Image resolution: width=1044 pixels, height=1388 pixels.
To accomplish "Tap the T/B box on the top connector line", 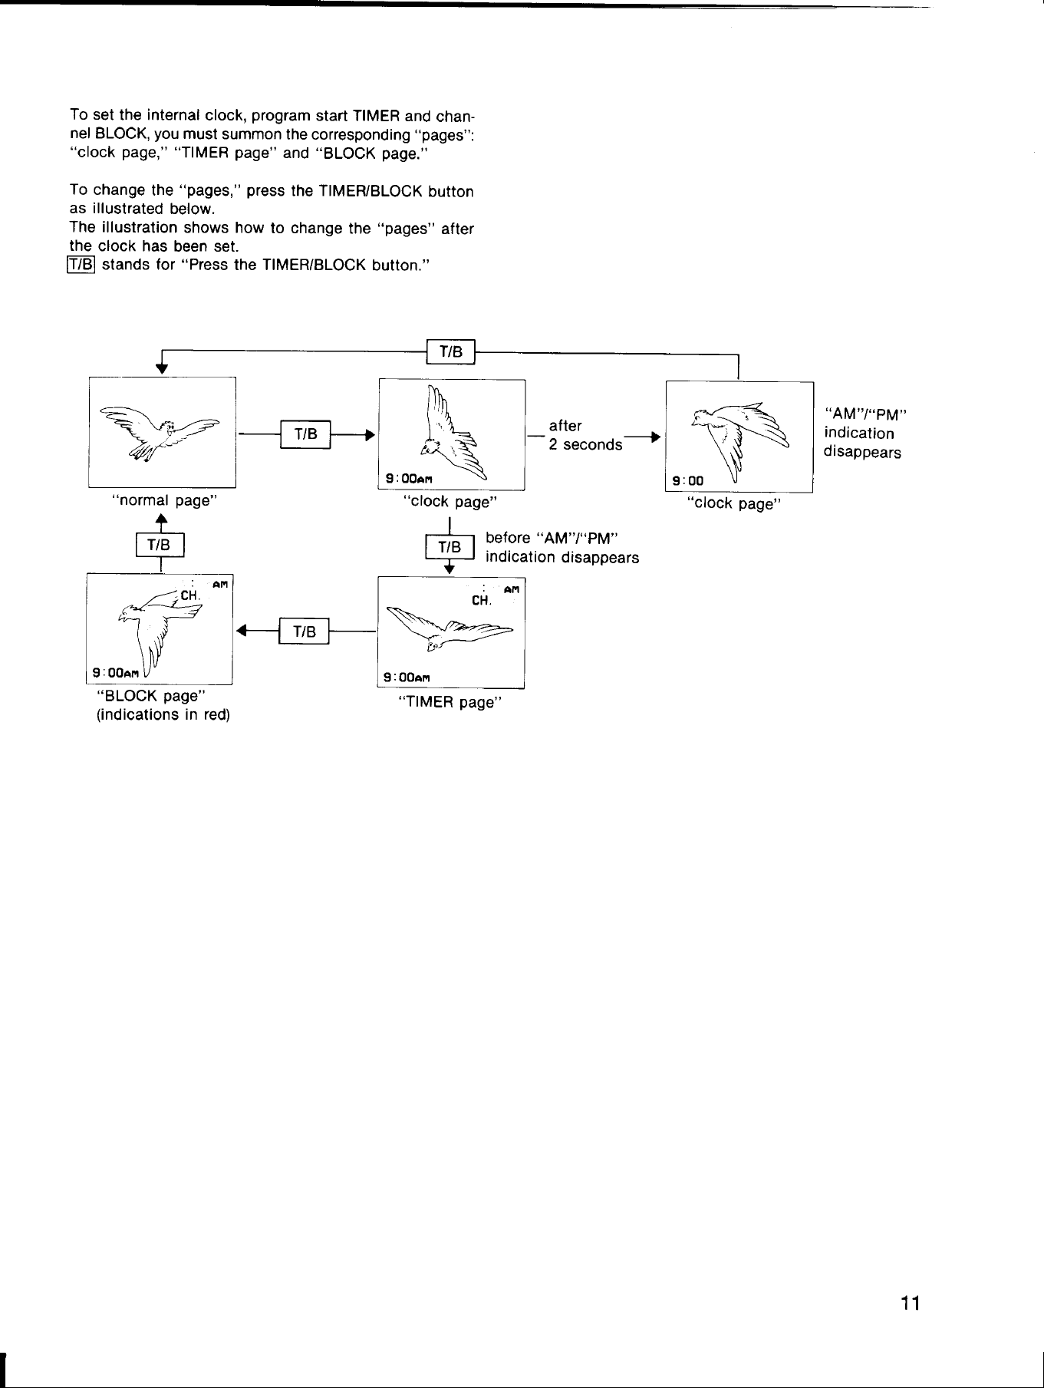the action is pos(451,352).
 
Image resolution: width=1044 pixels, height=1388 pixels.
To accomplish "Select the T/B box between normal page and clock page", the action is pos(305,434).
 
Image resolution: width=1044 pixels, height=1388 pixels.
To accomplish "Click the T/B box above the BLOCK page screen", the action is pos(160,546).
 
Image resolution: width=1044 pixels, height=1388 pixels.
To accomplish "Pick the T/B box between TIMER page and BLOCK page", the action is pos(305,631).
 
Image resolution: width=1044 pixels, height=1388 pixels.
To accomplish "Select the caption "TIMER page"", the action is pos(450,702).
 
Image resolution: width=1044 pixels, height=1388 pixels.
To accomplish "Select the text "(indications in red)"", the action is pos(163,714).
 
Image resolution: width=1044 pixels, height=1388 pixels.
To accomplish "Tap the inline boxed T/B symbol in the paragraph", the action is pos(81,265).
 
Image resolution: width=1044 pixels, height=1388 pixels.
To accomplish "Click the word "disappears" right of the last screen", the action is pos(862,452).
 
